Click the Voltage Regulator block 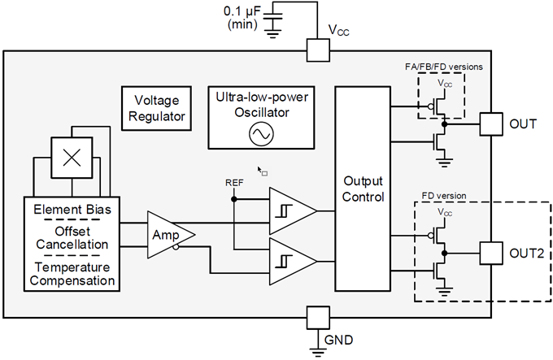[159, 108]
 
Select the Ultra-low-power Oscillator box [263, 117]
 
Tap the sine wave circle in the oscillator [263, 135]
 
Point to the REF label [234, 183]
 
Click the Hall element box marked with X [70, 155]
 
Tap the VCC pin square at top [316, 51]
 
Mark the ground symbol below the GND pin [316, 349]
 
